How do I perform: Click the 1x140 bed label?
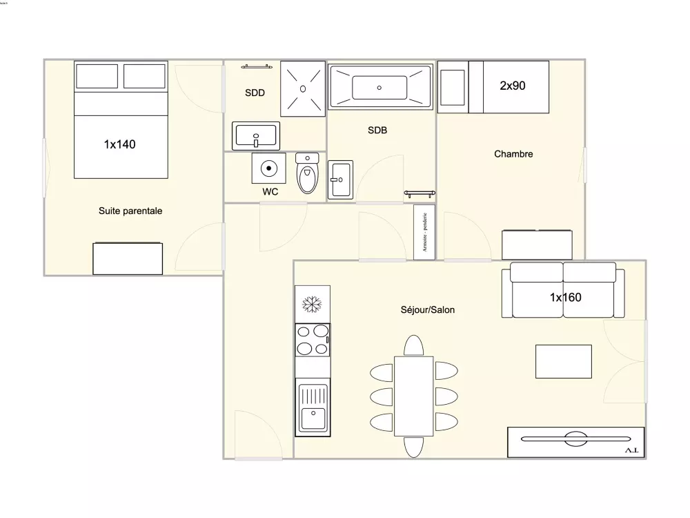(x=119, y=144)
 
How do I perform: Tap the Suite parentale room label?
(x=130, y=211)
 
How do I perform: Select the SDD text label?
(x=255, y=93)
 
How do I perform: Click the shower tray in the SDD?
(x=303, y=88)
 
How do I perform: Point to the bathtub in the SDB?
(x=380, y=87)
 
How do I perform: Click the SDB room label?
(x=377, y=130)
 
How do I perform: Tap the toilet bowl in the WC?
(x=307, y=175)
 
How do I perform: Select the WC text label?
(x=270, y=192)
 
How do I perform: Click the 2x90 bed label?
(x=513, y=86)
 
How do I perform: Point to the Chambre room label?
(x=513, y=154)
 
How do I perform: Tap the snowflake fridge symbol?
(x=313, y=304)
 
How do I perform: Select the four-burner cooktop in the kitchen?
(x=313, y=340)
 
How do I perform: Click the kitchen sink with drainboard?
(x=313, y=407)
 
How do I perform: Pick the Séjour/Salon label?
(x=427, y=310)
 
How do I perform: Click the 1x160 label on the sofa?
(x=565, y=298)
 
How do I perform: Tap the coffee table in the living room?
(x=564, y=361)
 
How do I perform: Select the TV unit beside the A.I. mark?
(x=575, y=438)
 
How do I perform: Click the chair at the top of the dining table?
(x=413, y=345)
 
